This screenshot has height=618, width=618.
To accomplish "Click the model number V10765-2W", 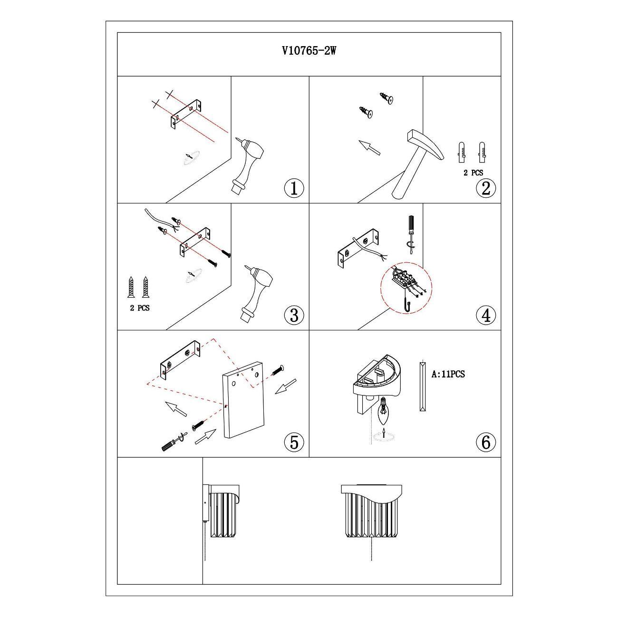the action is point(309,51).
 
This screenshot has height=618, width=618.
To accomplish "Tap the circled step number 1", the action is point(294,188).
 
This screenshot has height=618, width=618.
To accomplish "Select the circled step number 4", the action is point(486,315).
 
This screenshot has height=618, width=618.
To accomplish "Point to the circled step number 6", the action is point(486,442).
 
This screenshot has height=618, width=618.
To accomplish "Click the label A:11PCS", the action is point(448,374).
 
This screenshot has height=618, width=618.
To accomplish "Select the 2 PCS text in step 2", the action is point(473,173).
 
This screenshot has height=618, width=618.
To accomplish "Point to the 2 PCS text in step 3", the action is point(140,308).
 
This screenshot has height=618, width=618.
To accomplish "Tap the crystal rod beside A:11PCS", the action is point(423,386).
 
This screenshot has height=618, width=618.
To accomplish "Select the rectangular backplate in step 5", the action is point(243,400).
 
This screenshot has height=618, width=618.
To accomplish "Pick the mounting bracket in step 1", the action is point(186,115).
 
